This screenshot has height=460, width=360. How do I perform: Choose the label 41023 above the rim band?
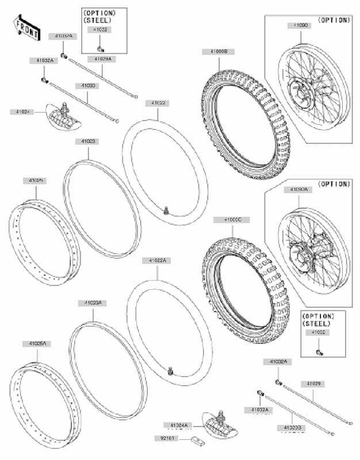point(88,140)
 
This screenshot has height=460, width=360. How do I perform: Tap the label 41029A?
point(103,58)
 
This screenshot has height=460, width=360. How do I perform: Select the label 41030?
point(88,85)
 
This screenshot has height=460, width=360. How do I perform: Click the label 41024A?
point(178,424)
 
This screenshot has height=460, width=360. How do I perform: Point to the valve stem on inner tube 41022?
point(166,210)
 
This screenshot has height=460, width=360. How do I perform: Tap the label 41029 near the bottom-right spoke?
point(313,383)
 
